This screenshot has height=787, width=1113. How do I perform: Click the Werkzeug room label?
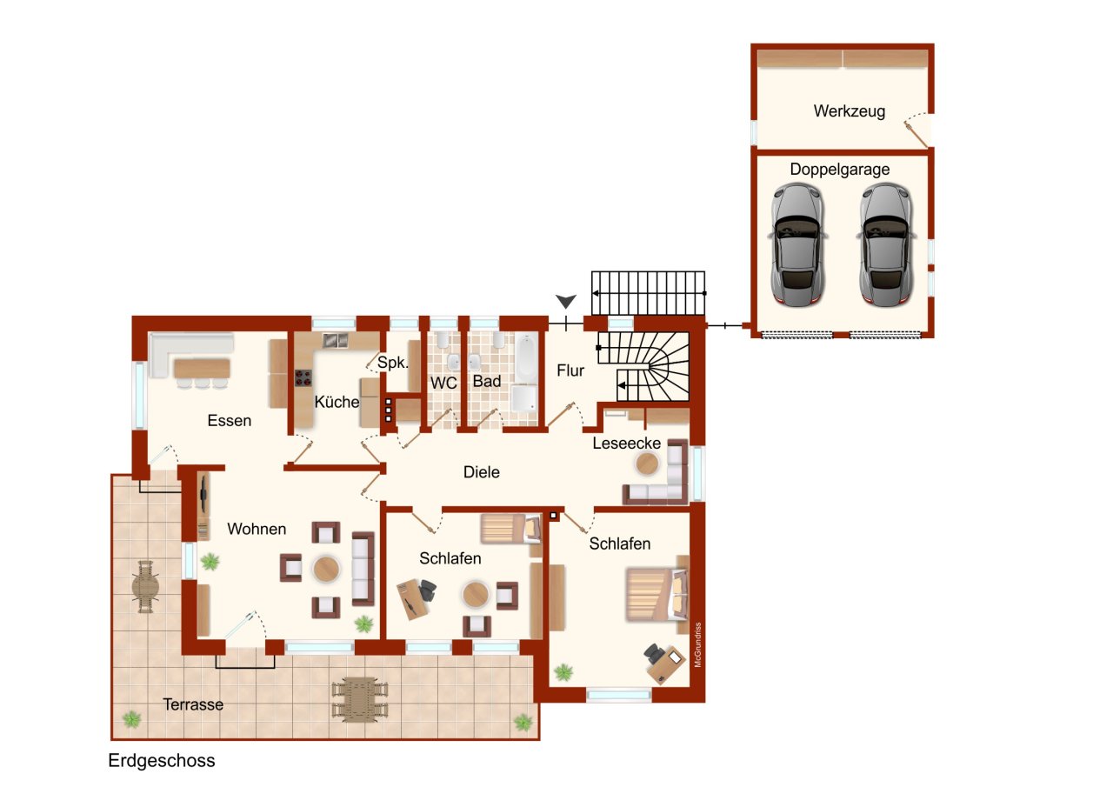(x=849, y=111)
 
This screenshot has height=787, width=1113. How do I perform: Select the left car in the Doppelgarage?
(x=797, y=244)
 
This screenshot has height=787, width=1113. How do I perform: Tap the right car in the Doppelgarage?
(x=884, y=244)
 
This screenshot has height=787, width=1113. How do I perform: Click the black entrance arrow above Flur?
(x=566, y=302)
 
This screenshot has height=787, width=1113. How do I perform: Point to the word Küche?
(x=337, y=402)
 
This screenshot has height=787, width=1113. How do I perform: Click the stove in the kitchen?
(x=304, y=378)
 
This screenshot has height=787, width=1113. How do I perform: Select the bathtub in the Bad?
(x=525, y=357)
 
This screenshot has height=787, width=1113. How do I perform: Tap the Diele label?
(x=481, y=472)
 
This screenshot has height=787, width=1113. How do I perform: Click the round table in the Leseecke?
(x=648, y=465)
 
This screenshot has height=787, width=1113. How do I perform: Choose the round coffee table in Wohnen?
(x=326, y=569)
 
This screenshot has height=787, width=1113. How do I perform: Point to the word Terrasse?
(x=193, y=704)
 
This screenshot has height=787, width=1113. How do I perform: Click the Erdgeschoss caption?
(x=161, y=761)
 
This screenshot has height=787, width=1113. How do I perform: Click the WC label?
(x=443, y=382)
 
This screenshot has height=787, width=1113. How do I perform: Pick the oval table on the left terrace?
(x=146, y=587)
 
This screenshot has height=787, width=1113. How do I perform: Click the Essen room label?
(x=229, y=421)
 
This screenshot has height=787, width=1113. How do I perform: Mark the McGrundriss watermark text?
(x=697, y=644)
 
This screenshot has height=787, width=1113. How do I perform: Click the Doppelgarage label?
(x=839, y=170)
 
